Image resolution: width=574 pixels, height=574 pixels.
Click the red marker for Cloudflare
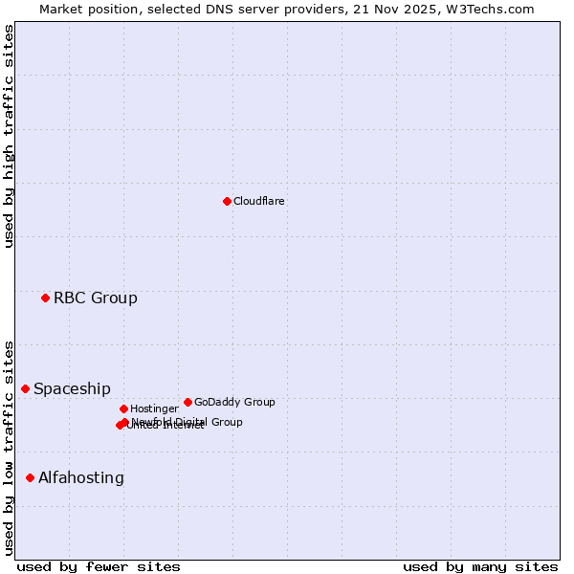227,201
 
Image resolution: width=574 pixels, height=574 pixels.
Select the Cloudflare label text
259,202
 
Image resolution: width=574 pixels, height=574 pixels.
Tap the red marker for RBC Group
45,298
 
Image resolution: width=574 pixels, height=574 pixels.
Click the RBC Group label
96,298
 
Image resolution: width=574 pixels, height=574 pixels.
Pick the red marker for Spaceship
25,388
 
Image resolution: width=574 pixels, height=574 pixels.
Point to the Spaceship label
72,389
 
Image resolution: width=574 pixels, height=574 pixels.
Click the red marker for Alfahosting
30,477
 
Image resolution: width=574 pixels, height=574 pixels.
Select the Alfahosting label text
81,478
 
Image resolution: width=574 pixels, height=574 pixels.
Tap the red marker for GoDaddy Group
188,402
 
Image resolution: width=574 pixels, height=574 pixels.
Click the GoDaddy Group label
234,403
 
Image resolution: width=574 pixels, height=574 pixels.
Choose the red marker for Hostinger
123,408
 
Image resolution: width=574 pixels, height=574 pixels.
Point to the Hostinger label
154,409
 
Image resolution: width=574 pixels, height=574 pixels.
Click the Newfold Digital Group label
188,422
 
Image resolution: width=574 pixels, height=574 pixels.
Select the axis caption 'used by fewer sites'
99,567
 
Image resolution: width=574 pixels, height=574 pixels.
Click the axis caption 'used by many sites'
480,567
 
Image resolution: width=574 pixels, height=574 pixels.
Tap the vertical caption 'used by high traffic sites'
10,136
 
